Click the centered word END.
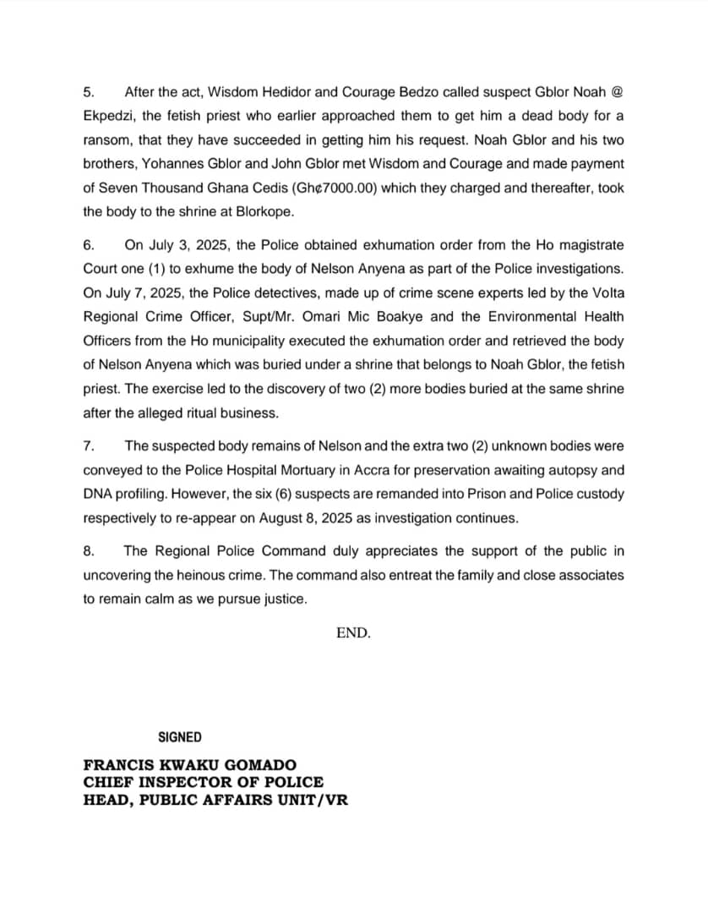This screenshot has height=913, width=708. [x=353, y=632]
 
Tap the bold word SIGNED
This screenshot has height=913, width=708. [x=180, y=736]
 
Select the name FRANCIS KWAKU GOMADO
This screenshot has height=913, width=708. [x=190, y=766]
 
